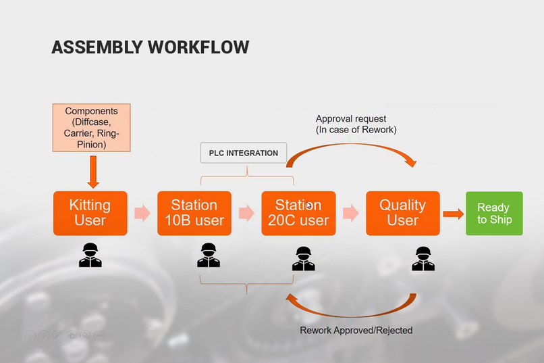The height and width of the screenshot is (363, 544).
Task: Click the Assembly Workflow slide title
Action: pos(150,47)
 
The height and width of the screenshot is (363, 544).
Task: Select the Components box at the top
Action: pos(91,128)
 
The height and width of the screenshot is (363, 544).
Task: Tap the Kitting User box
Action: pos(90,213)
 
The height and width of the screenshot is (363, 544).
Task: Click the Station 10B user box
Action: pos(194,213)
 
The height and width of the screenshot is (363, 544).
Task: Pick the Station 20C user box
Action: pos(298,213)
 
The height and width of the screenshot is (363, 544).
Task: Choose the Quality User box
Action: pos(402,213)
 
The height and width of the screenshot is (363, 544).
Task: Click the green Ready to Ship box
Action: pos(494,213)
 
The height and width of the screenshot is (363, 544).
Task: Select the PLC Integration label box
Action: pos(244,153)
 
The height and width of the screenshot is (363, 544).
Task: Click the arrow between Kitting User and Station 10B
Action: pos(142,213)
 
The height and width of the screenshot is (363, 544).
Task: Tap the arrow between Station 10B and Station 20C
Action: pos(246,213)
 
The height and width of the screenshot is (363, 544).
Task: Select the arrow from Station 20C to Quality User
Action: pos(350,213)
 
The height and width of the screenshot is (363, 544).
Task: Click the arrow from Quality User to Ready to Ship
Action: pos(453,214)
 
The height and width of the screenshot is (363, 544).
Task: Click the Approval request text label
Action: pos(356,124)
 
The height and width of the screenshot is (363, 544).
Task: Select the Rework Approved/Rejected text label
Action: pos(356,331)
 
